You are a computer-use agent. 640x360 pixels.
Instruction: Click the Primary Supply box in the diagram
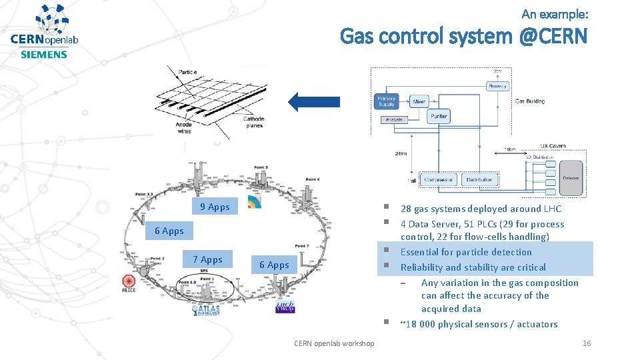(387, 101)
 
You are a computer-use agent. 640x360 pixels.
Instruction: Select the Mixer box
(419, 102)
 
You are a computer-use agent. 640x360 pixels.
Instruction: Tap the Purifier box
(439, 116)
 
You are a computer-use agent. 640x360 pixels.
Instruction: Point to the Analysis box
(393, 120)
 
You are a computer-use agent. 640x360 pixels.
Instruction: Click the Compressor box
(438, 179)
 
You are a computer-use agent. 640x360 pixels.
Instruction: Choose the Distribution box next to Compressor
(479, 179)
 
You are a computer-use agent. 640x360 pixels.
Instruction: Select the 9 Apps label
(215, 207)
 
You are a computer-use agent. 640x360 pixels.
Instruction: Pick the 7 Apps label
(207, 259)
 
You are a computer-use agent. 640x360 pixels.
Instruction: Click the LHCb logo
(285, 306)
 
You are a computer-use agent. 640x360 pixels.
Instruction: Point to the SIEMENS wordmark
(44, 55)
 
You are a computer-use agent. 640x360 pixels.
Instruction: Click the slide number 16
(587, 343)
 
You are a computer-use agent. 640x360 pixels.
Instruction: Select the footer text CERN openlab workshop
(334, 343)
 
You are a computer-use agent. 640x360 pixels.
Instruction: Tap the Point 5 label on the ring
(261, 167)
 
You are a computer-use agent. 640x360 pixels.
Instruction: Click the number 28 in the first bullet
(406, 209)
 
